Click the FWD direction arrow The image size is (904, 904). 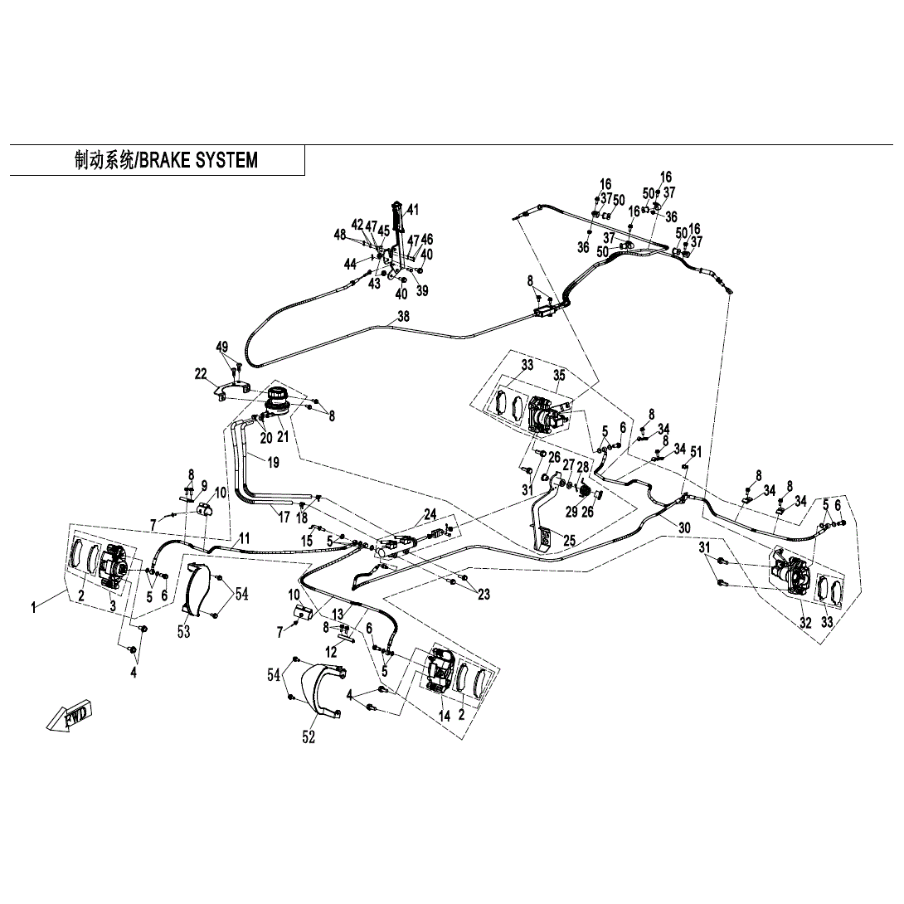pyautogui.click(x=70, y=716)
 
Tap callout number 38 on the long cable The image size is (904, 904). pyautogui.click(x=403, y=317)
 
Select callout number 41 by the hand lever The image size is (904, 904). pyautogui.click(x=412, y=209)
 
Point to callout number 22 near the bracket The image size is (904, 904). pyautogui.click(x=201, y=375)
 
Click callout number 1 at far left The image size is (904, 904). pyautogui.click(x=34, y=609)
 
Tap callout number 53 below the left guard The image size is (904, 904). pyautogui.click(x=183, y=632)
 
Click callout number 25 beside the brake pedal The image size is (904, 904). pyautogui.click(x=568, y=540)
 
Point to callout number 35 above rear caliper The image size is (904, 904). pyautogui.click(x=559, y=375)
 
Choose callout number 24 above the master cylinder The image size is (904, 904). pyautogui.click(x=430, y=514)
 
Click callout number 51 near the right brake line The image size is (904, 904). pyautogui.click(x=696, y=451)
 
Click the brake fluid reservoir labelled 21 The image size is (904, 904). pyautogui.click(x=279, y=401)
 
